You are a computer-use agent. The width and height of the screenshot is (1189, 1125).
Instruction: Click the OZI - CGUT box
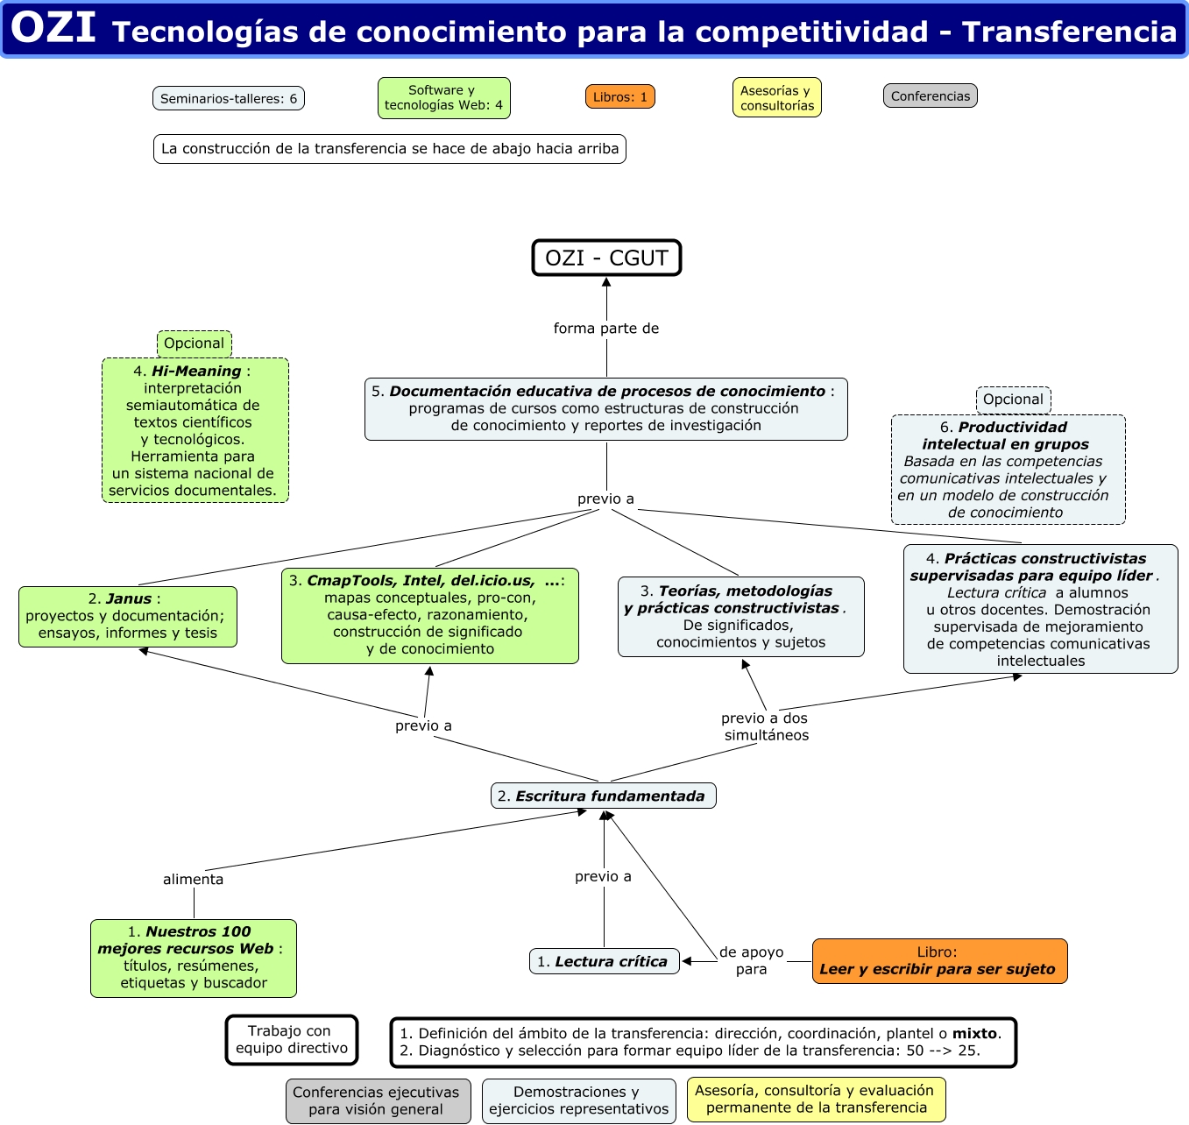click(606, 258)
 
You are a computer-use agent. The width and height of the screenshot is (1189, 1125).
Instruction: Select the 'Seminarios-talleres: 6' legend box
click(229, 98)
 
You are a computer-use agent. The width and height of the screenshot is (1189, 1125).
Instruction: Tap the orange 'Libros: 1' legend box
click(619, 96)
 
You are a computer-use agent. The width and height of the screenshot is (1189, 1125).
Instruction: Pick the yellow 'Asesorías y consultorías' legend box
click(776, 97)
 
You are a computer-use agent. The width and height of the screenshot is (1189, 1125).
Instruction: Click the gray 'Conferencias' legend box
click(930, 96)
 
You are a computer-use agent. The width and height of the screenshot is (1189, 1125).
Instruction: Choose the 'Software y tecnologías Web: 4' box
click(443, 97)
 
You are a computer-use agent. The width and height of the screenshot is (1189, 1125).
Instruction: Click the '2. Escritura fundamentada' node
click(603, 796)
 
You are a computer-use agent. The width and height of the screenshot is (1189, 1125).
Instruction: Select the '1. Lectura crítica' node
click(604, 961)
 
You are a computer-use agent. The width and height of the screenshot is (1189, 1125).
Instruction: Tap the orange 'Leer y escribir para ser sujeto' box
click(939, 961)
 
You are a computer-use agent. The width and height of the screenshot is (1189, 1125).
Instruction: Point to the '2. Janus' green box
click(128, 617)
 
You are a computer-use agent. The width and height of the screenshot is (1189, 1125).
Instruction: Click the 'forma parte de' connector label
click(606, 329)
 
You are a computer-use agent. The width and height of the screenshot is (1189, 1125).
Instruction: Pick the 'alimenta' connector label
click(193, 879)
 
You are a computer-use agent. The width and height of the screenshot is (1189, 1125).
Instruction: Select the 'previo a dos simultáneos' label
click(765, 726)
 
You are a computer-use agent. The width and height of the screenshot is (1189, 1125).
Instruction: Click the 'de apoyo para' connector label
click(751, 960)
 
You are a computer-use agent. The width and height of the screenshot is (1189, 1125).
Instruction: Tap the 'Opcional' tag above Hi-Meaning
click(194, 343)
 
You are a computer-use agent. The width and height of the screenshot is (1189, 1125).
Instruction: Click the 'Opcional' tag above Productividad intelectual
click(1013, 400)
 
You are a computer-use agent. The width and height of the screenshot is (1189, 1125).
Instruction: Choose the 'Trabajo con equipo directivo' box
click(292, 1040)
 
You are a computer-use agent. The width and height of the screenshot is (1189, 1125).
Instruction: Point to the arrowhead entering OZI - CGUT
click(606, 282)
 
